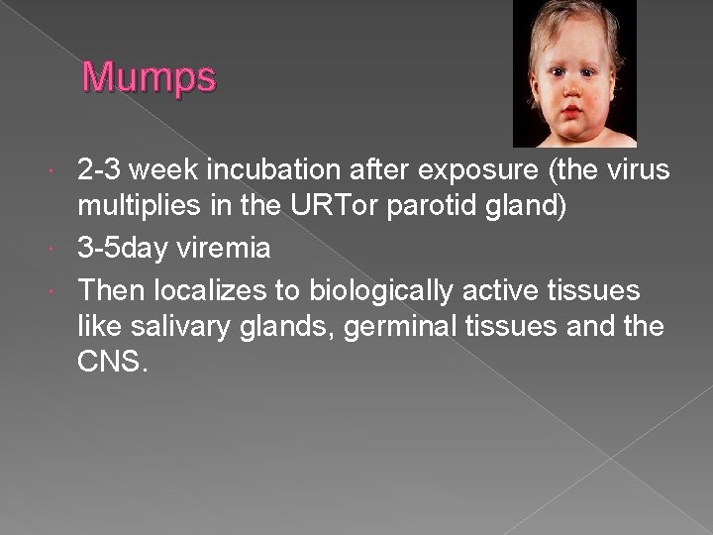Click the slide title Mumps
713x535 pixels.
(149, 77)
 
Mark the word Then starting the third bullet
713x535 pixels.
(110, 290)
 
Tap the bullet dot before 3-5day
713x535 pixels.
(65, 248)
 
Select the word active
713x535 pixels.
(507, 290)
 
